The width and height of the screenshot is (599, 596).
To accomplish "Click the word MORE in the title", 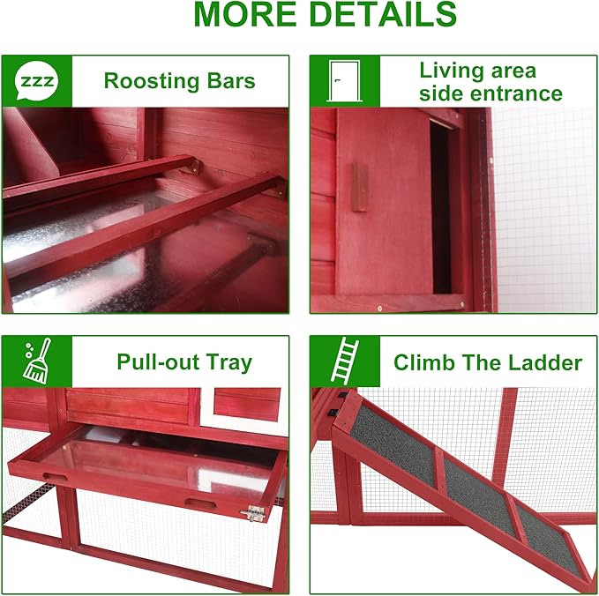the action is (245, 14).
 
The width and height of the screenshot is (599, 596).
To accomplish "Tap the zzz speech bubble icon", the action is (37, 81).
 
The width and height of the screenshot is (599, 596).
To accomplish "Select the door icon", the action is (345, 81).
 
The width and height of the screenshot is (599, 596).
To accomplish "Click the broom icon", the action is (37, 361).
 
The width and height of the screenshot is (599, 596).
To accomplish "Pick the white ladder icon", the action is (345, 361).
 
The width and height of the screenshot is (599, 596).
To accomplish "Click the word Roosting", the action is (152, 81).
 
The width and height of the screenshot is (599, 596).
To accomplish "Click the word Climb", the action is (424, 362).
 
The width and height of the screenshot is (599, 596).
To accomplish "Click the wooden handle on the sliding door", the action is (359, 188).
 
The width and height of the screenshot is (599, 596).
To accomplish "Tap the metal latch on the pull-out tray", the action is (253, 513).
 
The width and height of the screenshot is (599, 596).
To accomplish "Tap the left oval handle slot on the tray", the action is (54, 477).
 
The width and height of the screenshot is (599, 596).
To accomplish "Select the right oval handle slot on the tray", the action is (200, 503).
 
